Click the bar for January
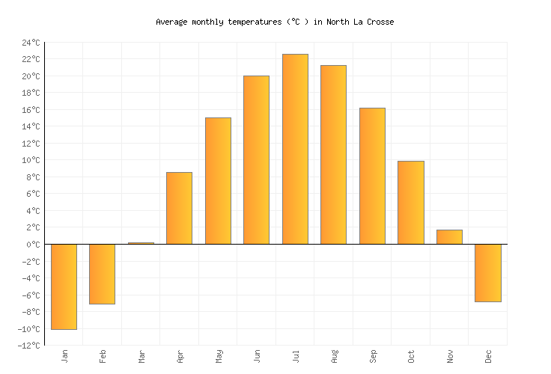pos(64,286)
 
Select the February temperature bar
pos(102,274)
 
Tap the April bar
pos(179,208)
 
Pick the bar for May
pos(218,180)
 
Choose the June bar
pos(256,159)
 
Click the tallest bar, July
pos(295,149)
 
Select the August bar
pos(333,154)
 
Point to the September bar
pos(372,176)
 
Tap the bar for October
pos(410,202)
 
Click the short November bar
pos(449,236)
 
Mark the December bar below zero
pos(487,273)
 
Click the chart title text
pos(275,22)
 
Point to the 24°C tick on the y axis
pos(31,43)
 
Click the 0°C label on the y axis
pos(33,245)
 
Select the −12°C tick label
pos(28,346)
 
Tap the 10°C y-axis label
pos(31,160)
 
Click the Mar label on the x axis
pos(141,356)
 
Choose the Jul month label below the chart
pos(296,355)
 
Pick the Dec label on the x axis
pos(488,356)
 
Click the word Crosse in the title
pos(380,22)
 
